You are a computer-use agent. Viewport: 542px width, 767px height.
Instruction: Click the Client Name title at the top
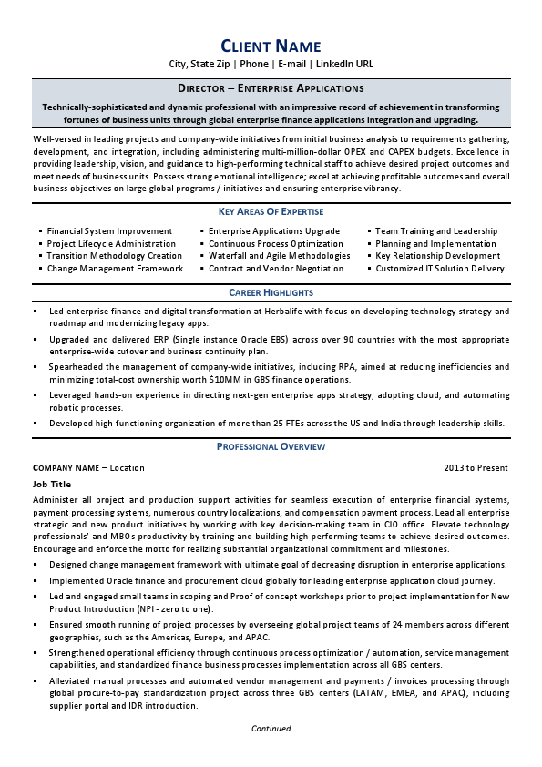(271, 46)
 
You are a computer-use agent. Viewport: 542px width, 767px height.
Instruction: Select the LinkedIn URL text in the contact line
(344, 65)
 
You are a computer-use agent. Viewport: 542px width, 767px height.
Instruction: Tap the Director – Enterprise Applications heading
(271, 88)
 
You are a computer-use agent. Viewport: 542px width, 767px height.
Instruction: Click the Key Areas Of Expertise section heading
(271, 211)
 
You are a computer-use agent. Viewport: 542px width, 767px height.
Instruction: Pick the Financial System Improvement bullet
(109, 231)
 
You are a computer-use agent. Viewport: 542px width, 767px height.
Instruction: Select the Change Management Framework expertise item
(115, 269)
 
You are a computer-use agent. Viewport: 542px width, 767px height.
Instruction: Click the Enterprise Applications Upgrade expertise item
(274, 231)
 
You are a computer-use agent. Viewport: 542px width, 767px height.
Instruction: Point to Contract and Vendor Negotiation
(275, 269)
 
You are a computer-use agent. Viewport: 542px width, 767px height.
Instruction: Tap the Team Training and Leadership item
(436, 231)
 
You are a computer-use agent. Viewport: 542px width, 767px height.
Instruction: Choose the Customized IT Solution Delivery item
(440, 269)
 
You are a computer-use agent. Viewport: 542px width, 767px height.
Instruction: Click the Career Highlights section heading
(271, 292)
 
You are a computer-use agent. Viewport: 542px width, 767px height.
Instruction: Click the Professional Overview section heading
(271, 446)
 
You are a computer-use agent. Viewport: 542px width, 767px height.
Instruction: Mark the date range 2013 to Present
(476, 467)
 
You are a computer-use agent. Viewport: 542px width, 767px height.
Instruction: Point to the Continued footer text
(271, 728)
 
